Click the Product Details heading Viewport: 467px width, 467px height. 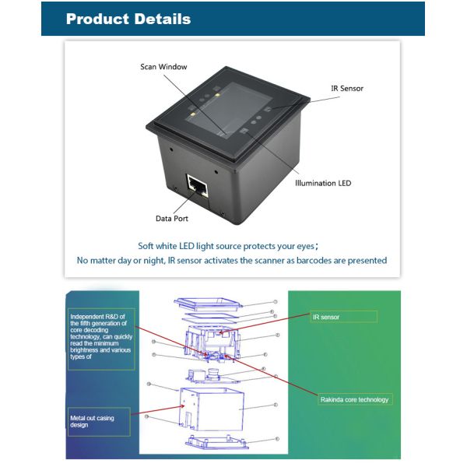coord(128,19)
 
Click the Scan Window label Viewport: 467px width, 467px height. coord(163,67)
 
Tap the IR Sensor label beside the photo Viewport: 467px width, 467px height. coord(346,88)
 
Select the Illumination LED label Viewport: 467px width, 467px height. coord(322,183)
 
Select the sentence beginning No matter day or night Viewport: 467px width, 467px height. coord(232,260)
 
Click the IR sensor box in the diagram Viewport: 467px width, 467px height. coord(343,317)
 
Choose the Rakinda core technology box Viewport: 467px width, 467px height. coord(355,399)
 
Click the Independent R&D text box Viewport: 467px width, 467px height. coord(101,336)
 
